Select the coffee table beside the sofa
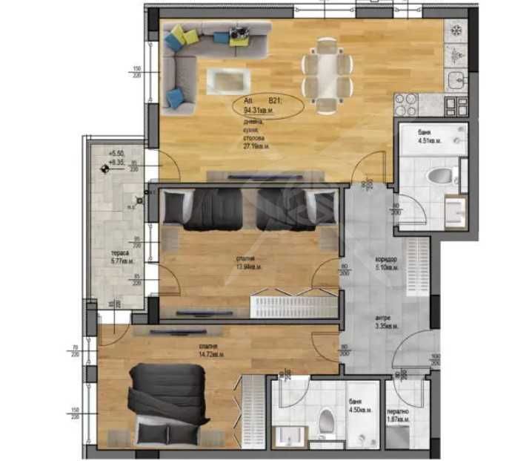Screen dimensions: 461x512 (227, 78)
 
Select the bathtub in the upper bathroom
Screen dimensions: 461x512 (433, 140)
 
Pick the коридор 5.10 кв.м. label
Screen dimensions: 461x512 (387, 263)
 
